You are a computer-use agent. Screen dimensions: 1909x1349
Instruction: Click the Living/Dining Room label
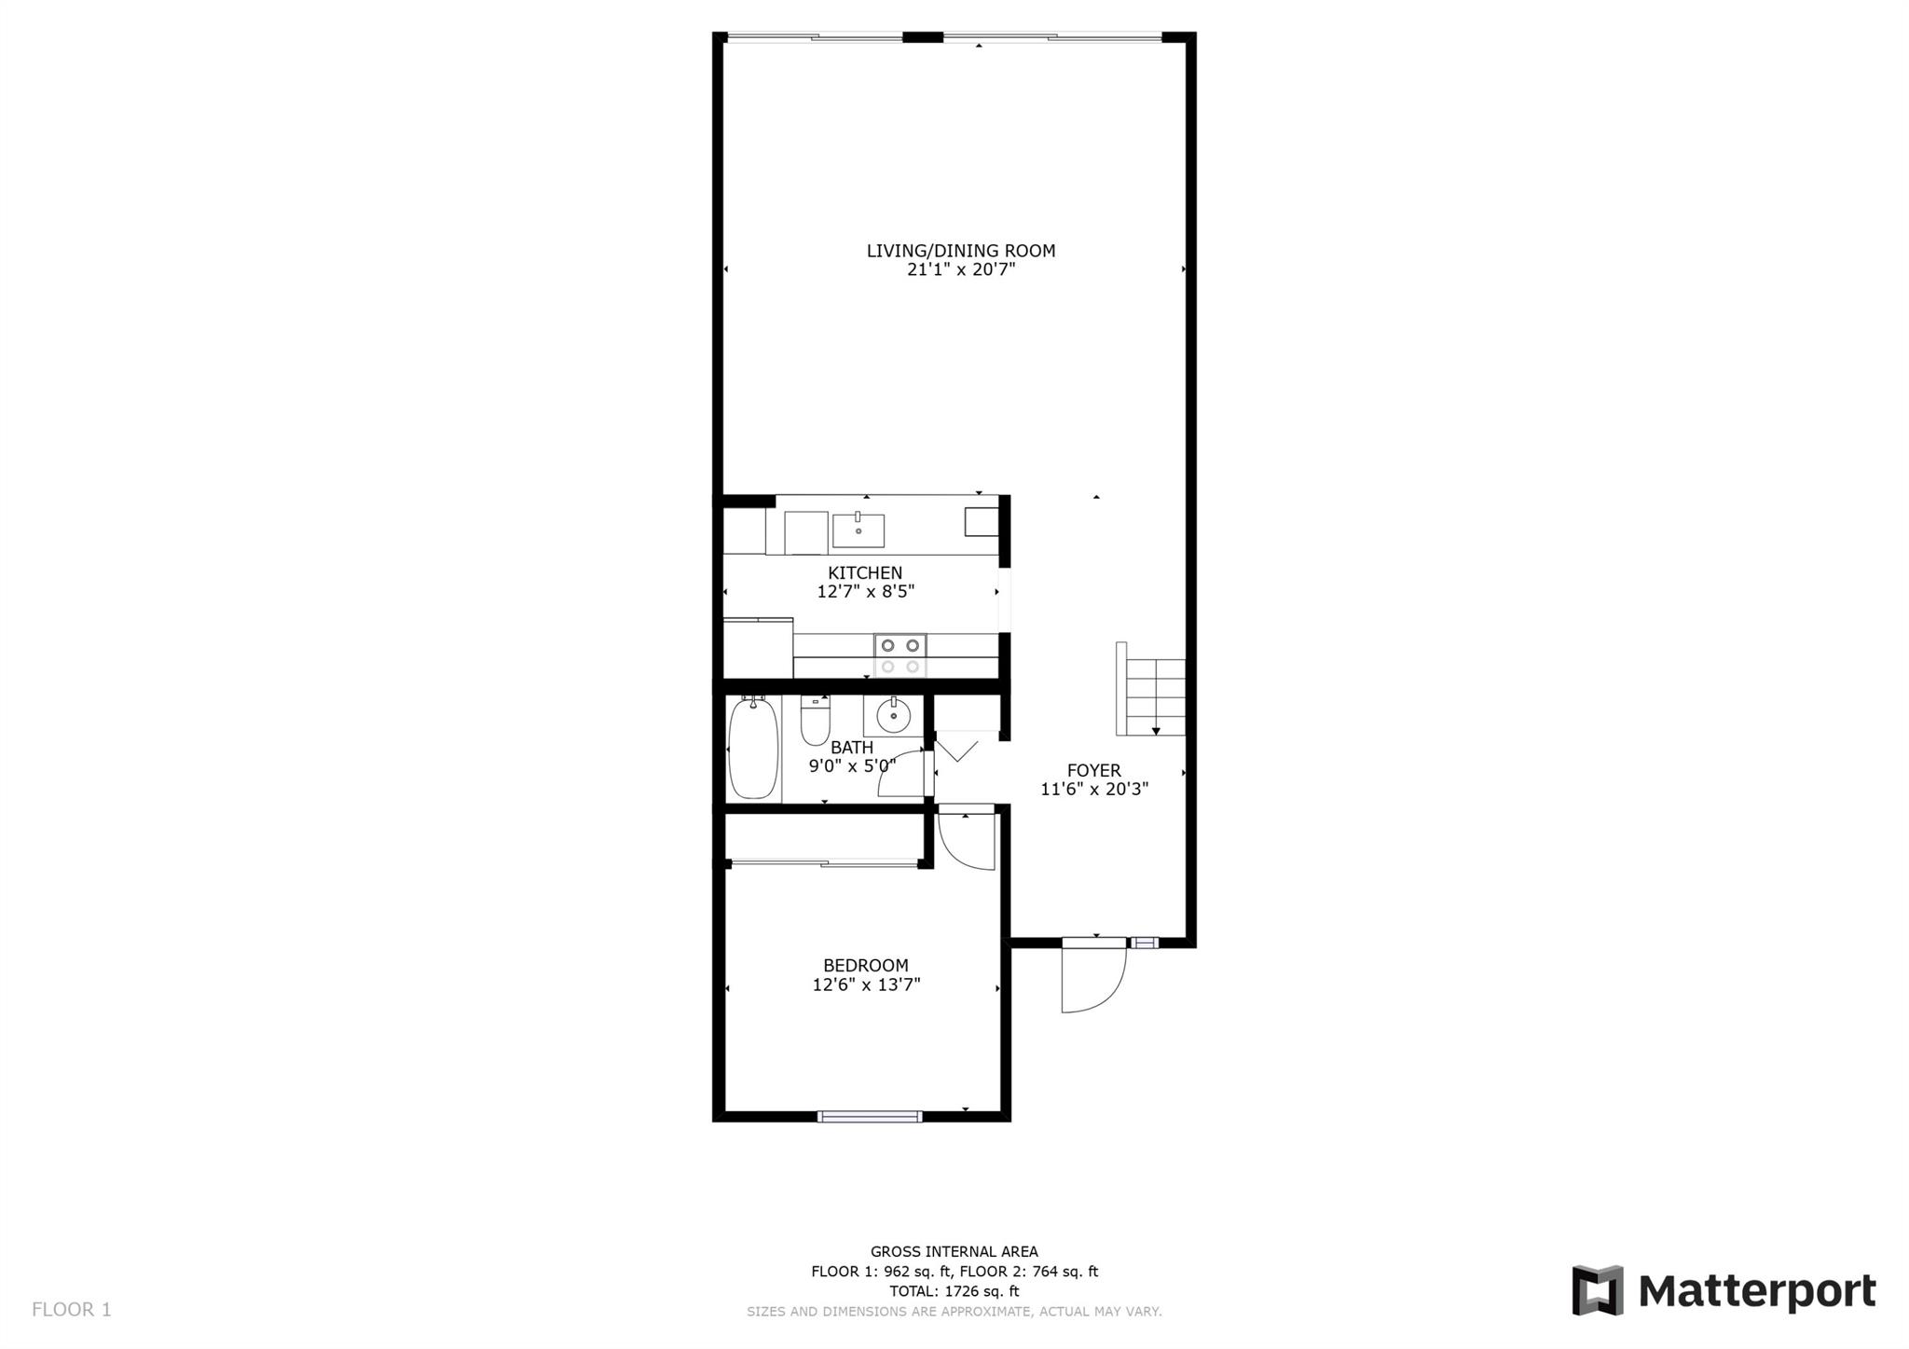961,251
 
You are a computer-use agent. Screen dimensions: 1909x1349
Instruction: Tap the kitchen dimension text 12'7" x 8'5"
866,591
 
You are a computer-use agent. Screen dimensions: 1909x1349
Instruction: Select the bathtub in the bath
753,749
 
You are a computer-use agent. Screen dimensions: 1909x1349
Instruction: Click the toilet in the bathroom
815,720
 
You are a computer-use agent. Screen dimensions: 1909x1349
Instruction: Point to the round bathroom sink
893,715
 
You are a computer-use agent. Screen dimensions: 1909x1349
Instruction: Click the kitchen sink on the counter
858,530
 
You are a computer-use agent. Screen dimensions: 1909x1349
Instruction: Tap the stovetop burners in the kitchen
900,654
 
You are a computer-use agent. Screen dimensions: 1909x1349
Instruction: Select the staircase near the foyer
1151,689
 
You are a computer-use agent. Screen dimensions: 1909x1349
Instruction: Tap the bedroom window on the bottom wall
870,1116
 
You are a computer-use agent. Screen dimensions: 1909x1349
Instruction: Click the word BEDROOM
866,966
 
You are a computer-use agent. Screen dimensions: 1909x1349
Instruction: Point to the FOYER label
1094,771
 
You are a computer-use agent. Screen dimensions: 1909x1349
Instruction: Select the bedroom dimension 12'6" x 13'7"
866,984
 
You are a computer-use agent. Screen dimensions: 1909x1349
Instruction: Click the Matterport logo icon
1598,1290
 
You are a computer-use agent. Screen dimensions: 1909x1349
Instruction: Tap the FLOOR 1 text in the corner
72,1310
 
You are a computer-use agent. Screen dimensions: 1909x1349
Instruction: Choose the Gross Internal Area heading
954,1252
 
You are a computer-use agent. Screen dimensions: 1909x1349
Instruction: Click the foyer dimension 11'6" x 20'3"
1094,790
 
